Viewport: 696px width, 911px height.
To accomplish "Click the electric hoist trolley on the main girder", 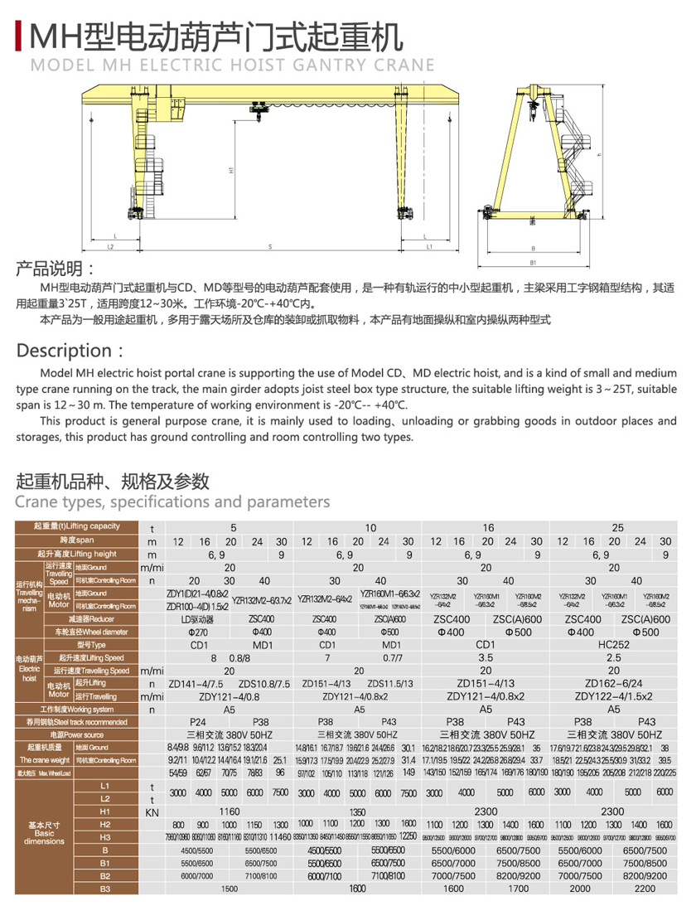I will pos(262,108).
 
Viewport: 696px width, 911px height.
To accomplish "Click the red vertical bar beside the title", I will pos(20,36).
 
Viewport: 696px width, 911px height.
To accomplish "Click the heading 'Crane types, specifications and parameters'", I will pos(173,502).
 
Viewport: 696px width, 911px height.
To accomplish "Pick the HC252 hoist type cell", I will pos(614,644).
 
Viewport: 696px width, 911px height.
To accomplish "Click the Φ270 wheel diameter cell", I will pos(198,632).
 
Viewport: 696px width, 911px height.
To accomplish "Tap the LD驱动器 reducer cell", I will pos(198,619).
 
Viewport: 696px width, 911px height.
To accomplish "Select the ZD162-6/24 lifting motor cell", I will pos(614,684).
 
